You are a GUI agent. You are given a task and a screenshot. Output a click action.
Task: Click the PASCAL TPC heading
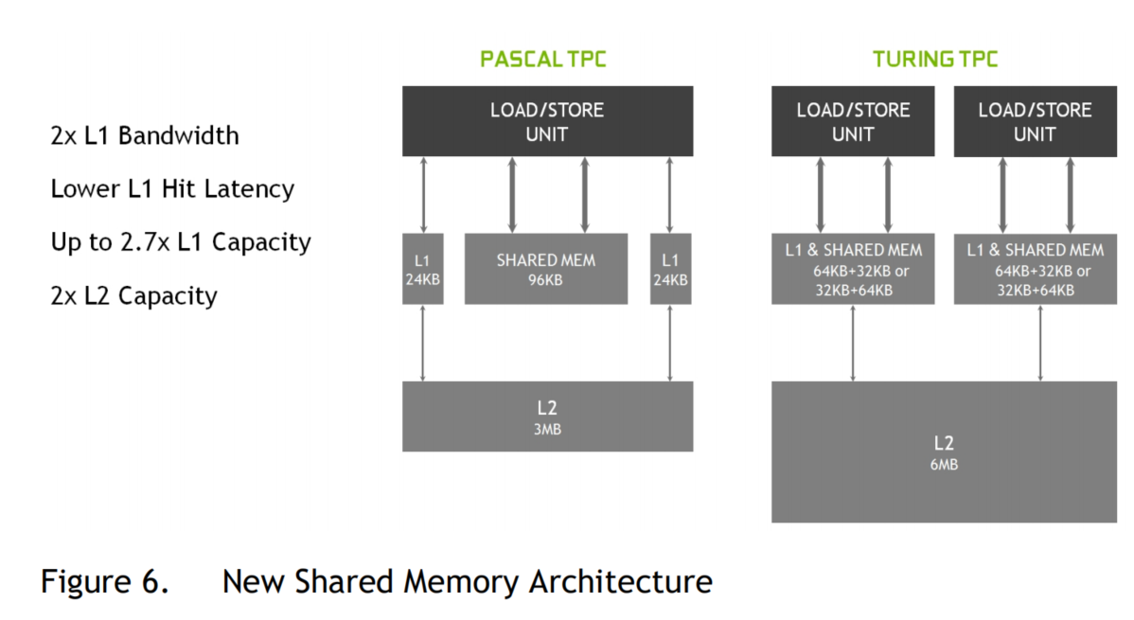(x=542, y=60)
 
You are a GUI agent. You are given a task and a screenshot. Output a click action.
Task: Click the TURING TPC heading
(x=935, y=60)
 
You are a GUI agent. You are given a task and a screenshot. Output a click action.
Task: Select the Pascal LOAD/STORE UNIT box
(x=547, y=121)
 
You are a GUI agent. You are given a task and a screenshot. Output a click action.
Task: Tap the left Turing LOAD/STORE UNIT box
(x=853, y=121)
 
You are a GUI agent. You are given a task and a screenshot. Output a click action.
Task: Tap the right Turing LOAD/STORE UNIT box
(x=1035, y=121)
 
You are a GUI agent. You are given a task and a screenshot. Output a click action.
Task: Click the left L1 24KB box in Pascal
(x=422, y=269)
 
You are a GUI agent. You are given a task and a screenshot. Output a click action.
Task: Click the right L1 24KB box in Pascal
(x=670, y=269)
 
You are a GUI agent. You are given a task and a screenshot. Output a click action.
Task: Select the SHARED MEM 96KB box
(x=545, y=269)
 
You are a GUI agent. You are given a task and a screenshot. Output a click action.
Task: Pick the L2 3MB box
(x=547, y=416)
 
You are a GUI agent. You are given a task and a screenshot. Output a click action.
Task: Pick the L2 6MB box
(x=943, y=452)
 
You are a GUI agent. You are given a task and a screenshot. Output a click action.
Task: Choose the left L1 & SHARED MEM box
(x=853, y=269)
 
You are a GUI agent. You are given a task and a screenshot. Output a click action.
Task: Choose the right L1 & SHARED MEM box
(x=1035, y=269)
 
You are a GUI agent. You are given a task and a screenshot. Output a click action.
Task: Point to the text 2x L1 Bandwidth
(x=145, y=135)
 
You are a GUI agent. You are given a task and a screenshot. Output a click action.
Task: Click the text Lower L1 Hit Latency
(x=172, y=189)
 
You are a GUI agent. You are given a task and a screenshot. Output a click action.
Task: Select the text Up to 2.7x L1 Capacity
(x=181, y=242)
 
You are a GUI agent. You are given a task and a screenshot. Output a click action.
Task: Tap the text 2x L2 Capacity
(x=133, y=295)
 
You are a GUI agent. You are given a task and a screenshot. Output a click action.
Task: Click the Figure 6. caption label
(x=105, y=580)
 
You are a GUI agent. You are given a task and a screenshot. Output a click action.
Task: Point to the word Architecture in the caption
(x=619, y=580)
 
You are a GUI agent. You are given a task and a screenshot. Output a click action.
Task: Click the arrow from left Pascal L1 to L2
(x=422, y=343)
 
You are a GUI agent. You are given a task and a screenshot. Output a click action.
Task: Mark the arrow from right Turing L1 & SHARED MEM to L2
(x=1041, y=343)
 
